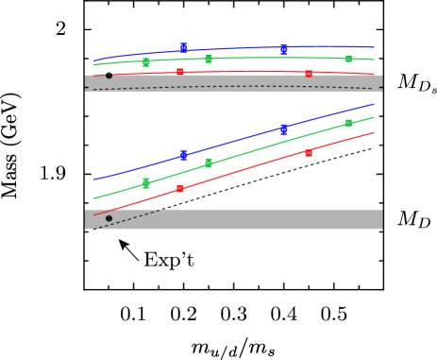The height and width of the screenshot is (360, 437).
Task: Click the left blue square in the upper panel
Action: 184,47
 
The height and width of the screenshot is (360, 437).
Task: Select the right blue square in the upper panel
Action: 284,49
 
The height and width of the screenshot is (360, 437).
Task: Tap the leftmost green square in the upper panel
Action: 146,62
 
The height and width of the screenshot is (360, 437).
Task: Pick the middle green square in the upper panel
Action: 209,59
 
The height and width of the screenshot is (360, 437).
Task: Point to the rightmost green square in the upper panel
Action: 348,59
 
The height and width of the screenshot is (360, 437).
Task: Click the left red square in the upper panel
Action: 180,71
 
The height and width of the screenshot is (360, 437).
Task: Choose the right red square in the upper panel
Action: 309,73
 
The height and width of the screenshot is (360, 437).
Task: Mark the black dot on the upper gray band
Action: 109,75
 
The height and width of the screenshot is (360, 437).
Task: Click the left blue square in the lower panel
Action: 184,155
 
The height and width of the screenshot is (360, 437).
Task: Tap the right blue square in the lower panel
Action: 284,129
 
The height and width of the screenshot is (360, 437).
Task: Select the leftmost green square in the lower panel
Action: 146,182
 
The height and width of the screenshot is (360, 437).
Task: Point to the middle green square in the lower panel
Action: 209,163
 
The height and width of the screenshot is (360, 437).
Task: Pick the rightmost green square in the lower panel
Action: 348,123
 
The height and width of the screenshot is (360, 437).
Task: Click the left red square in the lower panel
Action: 180,188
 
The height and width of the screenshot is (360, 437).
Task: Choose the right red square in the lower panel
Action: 309,152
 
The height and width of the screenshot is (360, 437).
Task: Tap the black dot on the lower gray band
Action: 109,218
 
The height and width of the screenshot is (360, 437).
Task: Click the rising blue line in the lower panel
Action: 236,141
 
